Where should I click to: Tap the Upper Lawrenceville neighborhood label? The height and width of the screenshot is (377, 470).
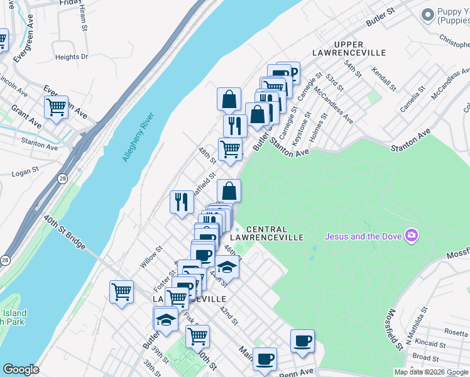(358, 48)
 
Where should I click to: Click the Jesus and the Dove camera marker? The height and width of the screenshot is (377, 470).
(412, 236)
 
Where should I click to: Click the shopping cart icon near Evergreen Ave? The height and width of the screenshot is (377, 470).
(57, 108)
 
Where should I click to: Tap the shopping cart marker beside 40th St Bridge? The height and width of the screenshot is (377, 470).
(121, 292)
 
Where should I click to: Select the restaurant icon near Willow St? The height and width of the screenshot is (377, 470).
(181, 202)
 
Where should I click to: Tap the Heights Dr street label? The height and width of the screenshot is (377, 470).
(72, 57)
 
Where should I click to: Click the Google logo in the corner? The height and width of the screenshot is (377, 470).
(21, 369)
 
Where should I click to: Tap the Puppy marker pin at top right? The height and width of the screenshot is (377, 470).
(428, 14)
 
